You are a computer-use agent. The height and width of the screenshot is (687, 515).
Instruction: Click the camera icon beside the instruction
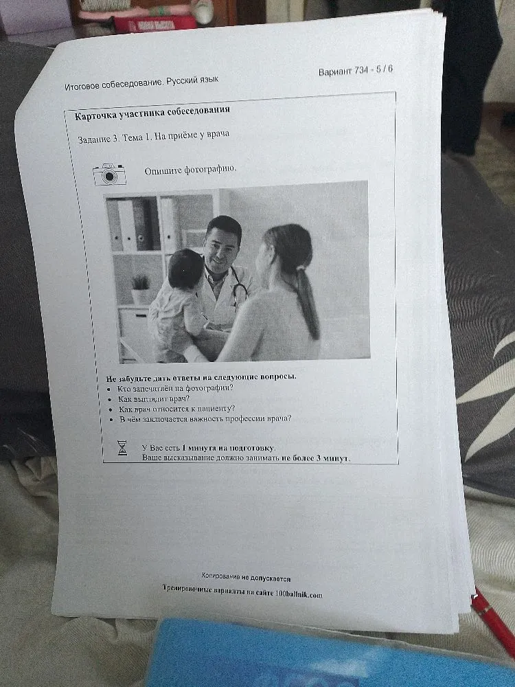[x=109, y=174]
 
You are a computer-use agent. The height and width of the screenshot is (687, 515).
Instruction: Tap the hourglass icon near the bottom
[x=122, y=448]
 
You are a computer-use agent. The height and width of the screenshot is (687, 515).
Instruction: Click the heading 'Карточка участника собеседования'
[x=152, y=113]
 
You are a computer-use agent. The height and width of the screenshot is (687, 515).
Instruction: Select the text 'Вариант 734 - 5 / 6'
[x=356, y=70]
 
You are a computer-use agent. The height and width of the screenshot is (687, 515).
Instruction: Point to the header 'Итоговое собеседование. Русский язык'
[x=141, y=83]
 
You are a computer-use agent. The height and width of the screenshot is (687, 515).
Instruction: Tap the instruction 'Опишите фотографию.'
[x=190, y=170]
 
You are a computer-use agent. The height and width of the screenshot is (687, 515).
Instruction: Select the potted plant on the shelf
[x=140, y=289]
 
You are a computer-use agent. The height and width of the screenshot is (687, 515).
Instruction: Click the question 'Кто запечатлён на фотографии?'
[x=175, y=388]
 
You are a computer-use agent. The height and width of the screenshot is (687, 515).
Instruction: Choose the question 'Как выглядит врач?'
[x=154, y=398]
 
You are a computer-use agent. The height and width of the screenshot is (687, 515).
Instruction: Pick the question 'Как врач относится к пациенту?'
[x=177, y=409]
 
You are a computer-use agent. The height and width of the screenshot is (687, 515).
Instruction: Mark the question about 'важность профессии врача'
[x=205, y=419]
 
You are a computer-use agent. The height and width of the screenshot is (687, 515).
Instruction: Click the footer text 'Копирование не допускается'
[x=246, y=577]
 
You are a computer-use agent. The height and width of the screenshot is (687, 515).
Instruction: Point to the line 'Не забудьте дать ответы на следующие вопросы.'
[x=201, y=377]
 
